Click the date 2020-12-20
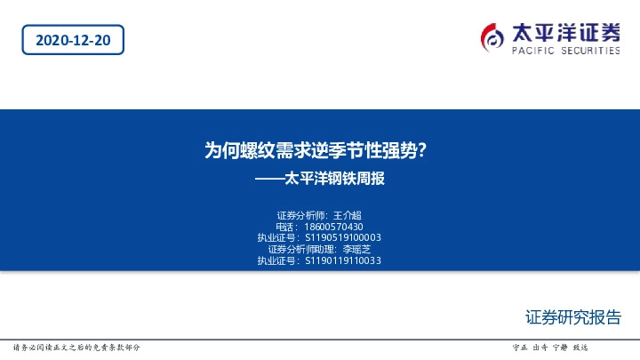(x=73, y=41)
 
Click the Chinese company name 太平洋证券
(x=566, y=33)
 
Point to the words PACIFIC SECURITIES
(x=566, y=52)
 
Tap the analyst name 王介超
(x=347, y=215)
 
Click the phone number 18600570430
(x=334, y=227)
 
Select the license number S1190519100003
(x=343, y=238)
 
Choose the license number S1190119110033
(x=343, y=261)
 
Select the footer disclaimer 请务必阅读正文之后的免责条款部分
(x=76, y=347)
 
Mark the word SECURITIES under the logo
(x=590, y=52)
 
